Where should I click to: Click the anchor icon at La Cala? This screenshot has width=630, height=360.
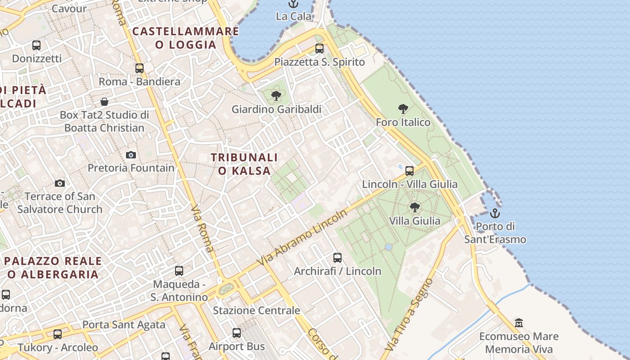tap(293, 4)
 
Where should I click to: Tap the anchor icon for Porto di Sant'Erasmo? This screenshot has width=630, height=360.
tap(495, 213)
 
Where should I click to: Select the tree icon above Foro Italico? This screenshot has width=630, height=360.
tap(403, 108)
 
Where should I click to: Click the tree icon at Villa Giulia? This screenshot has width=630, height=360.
tap(415, 207)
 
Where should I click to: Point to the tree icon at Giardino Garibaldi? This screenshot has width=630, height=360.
tap(276, 95)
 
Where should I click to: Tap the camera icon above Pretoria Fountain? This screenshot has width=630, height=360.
tap(131, 155)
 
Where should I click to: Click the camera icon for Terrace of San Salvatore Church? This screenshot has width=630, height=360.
tap(60, 183)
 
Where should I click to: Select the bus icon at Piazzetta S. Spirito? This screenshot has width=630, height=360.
tap(319, 49)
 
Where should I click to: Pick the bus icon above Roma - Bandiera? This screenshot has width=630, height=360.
tap(139, 68)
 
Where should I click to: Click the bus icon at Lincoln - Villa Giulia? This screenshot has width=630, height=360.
tap(409, 171)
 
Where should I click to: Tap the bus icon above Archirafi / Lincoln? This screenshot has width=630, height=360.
tap(337, 258)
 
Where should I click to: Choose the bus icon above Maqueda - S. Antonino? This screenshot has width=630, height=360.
tap(179, 271)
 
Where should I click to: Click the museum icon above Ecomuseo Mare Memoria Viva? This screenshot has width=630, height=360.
tap(519, 323)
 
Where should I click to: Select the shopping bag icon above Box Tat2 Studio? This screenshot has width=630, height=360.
tap(104, 102)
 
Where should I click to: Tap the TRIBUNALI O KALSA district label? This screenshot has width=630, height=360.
tap(244, 164)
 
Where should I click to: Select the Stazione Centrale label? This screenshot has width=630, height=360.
tap(256, 310)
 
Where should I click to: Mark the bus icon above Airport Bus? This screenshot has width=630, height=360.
tap(237, 333)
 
